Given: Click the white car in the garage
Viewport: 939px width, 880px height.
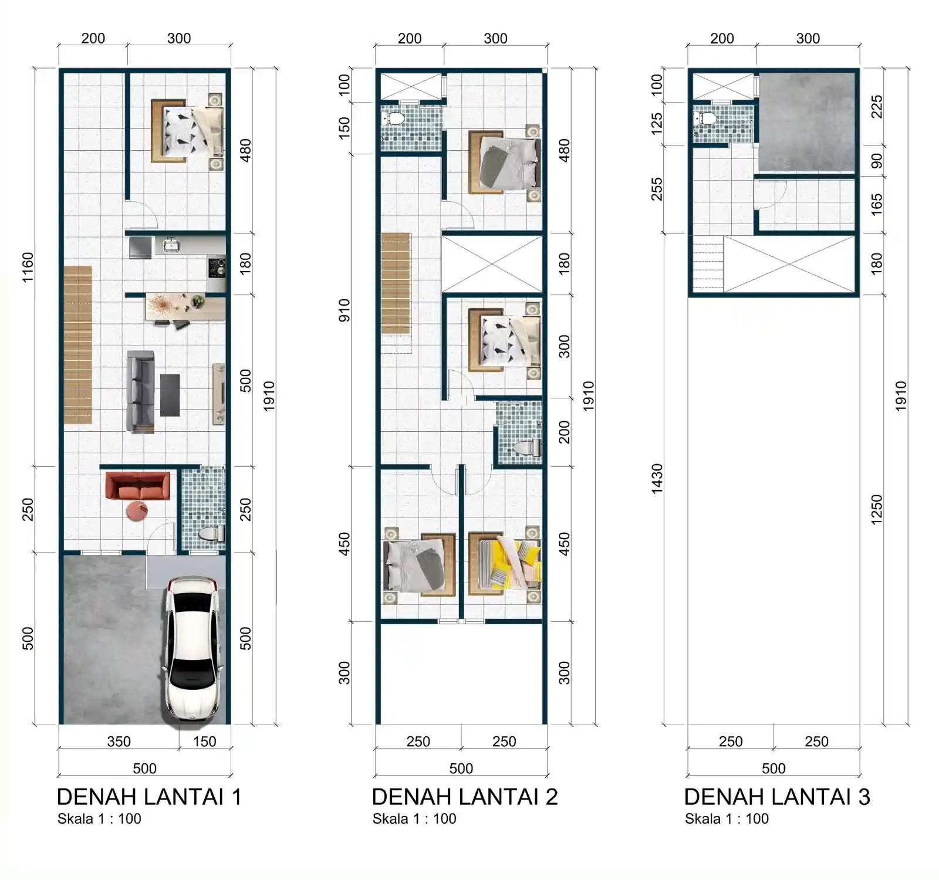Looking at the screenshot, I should click(x=192, y=648).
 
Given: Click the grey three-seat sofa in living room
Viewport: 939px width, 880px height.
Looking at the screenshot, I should click(x=141, y=392).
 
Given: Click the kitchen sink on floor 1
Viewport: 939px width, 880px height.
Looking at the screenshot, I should click(x=171, y=245).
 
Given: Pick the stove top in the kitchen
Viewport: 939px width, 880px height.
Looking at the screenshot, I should click(x=217, y=267).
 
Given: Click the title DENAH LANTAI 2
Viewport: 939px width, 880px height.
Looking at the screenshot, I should click(x=464, y=797).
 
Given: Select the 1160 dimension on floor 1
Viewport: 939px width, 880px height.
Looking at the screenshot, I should click(x=28, y=268).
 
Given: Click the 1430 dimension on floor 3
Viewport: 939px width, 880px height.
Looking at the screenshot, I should click(x=657, y=478).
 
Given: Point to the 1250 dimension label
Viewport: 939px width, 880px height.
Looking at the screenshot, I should click(x=876, y=509).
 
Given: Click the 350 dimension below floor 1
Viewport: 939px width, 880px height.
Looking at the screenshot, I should click(x=119, y=742).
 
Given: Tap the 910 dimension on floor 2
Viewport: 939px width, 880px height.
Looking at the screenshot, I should click(x=344, y=310).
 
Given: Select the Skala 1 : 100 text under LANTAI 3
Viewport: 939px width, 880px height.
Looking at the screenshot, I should click(x=727, y=819).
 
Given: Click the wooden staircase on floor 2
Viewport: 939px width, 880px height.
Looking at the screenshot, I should click(x=396, y=283).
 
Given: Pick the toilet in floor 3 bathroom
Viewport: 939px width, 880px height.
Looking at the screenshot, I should click(x=708, y=119).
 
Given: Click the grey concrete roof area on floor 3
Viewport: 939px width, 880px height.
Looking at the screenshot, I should click(x=807, y=120).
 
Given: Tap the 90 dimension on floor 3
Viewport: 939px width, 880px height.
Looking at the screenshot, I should click(x=876, y=161).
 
